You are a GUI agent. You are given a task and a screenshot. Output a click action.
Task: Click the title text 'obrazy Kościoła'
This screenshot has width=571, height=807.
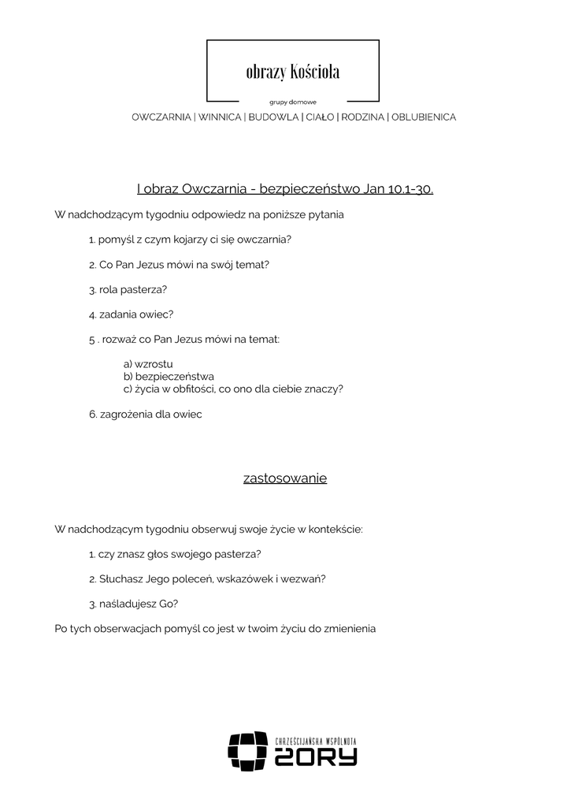pos(292,73)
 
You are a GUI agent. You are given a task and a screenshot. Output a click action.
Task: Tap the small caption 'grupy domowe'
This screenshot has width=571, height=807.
pos(292,102)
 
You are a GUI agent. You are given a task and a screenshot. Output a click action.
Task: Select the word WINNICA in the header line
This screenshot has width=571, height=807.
pos(220,117)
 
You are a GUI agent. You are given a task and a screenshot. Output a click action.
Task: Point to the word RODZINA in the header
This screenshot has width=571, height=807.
pos(362,117)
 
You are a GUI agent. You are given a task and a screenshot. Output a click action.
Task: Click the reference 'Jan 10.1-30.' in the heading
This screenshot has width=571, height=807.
pos(399,189)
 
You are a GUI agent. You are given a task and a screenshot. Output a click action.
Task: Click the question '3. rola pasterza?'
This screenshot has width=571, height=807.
pos(128,289)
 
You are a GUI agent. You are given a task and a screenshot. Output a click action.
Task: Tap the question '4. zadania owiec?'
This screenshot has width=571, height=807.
pos(131,314)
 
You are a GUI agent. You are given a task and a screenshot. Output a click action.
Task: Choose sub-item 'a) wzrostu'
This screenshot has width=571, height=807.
pos(148,364)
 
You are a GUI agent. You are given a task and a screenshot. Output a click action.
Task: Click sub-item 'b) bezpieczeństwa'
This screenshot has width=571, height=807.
pos(169,377)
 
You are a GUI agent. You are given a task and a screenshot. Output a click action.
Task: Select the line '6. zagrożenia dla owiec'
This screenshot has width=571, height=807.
pos(146,415)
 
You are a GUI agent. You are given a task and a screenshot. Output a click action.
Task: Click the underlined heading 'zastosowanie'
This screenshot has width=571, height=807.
pos(285,478)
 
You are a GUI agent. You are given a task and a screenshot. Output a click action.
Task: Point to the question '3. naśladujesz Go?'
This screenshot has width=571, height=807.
pos(133,604)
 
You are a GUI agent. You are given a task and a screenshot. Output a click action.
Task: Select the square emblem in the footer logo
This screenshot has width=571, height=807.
pos(247,751)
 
